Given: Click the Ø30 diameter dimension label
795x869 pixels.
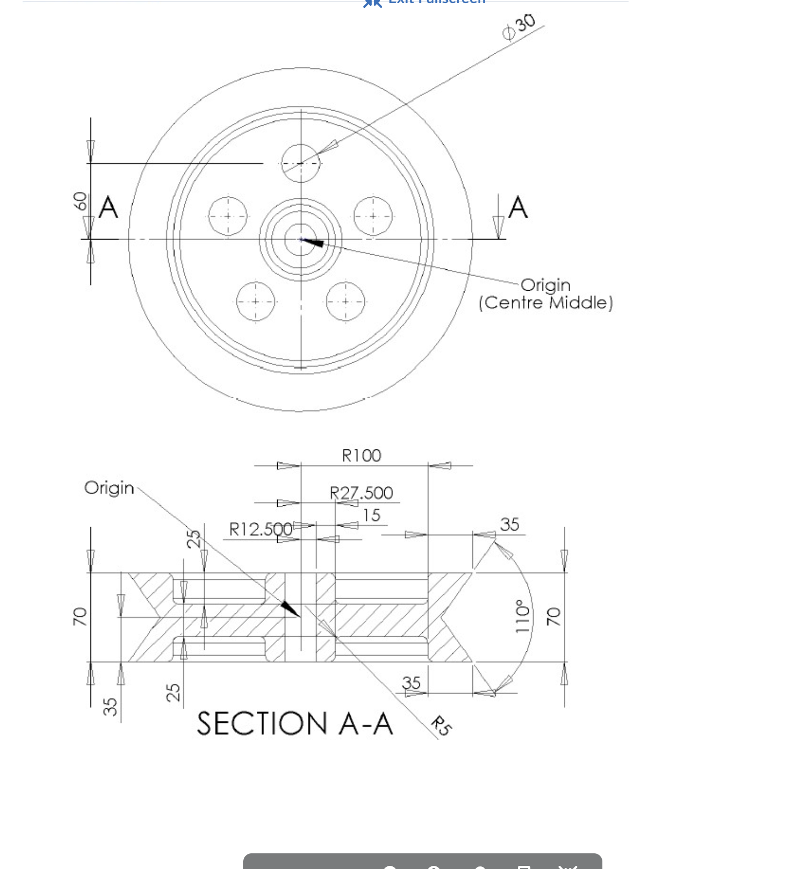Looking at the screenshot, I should (519, 27).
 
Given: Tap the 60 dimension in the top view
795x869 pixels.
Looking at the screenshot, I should (80, 201).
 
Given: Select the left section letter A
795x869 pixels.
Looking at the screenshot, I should (108, 207).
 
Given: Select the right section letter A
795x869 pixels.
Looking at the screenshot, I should (517, 207).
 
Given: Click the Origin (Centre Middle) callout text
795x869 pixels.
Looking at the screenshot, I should (545, 294).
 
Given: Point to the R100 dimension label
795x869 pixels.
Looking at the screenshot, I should (361, 456).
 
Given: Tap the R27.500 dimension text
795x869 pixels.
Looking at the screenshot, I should (361, 493).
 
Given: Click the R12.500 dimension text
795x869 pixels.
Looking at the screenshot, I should (260, 529).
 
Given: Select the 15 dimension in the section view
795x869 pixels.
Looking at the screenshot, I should (371, 515).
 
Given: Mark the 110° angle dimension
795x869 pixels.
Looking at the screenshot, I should (521, 616).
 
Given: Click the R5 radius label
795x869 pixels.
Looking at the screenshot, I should (441, 726).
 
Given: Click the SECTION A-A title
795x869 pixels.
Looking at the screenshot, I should (294, 724).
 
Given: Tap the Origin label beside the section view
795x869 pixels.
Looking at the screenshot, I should (109, 488).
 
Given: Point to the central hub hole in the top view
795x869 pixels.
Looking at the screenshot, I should (301, 240).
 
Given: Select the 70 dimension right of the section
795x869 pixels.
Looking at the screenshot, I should (553, 616).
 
